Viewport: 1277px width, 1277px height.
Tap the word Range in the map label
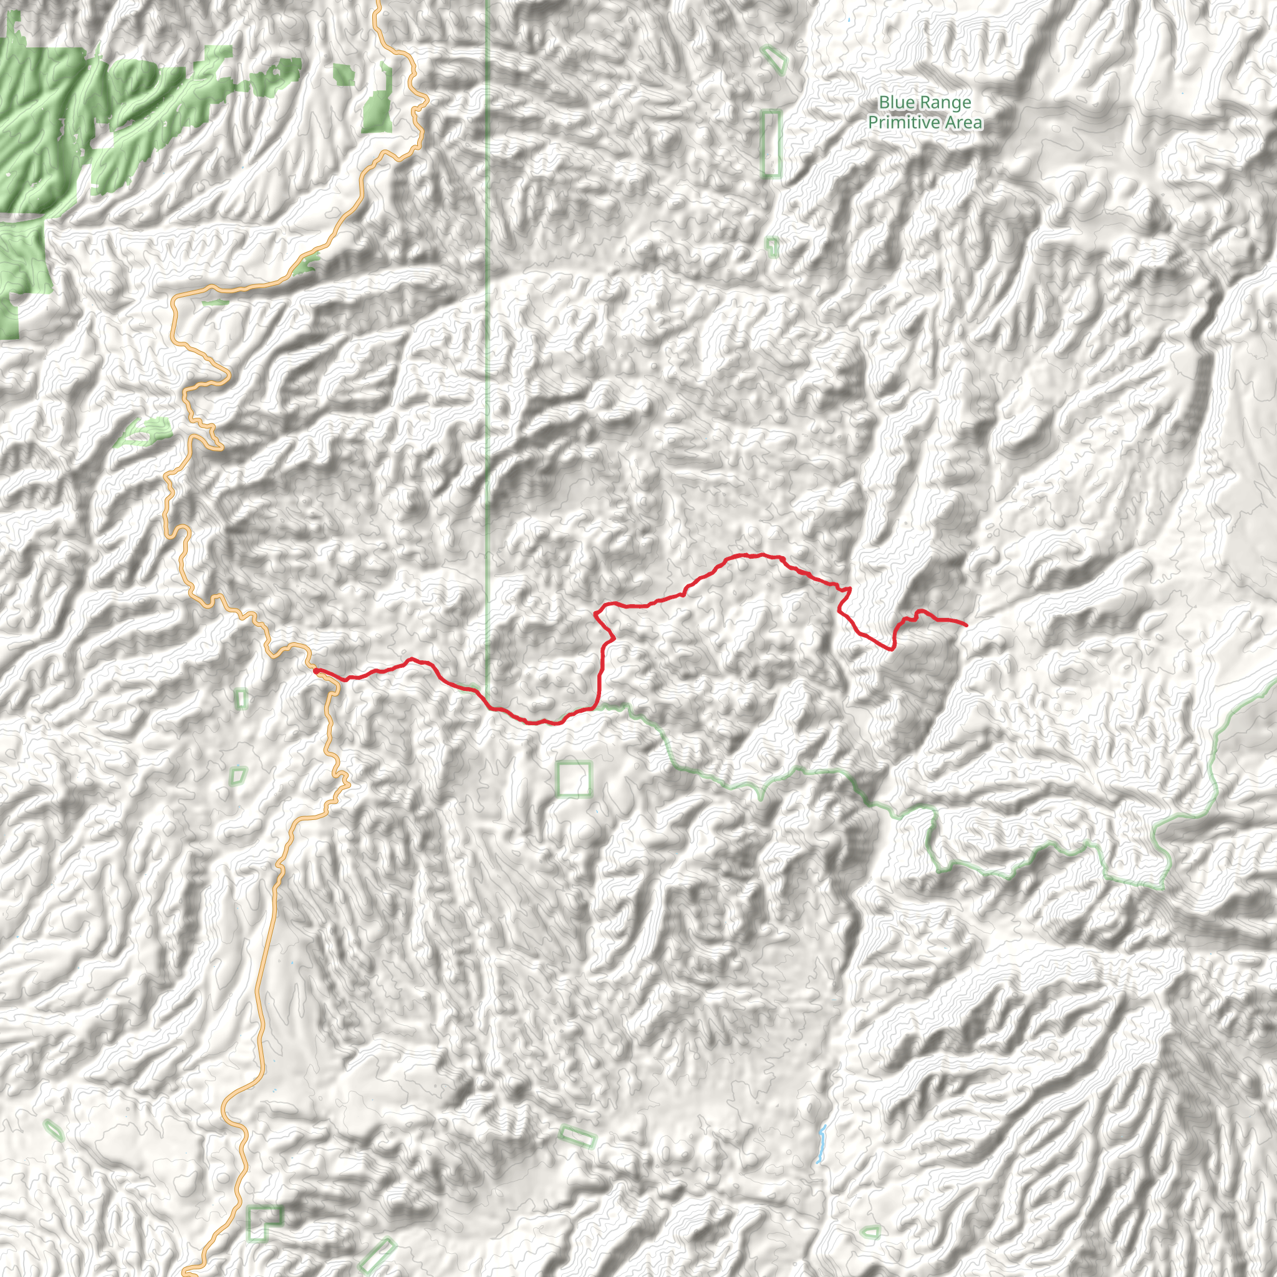(x=947, y=102)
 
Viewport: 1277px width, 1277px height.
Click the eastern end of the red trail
(x=966, y=625)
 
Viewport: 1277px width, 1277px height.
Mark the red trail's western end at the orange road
(x=316, y=670)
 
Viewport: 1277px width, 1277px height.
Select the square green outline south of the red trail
(x=573, y=779)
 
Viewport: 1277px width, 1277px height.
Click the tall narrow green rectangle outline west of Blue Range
(x=771, y=143)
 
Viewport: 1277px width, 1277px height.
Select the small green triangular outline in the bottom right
(x=871, y=1232)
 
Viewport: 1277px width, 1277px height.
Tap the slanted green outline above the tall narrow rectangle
(x=774, y=59)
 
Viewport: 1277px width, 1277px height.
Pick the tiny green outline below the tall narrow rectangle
(x=771, y=247)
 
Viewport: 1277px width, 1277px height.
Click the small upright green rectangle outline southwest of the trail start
(x=241, y=698)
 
